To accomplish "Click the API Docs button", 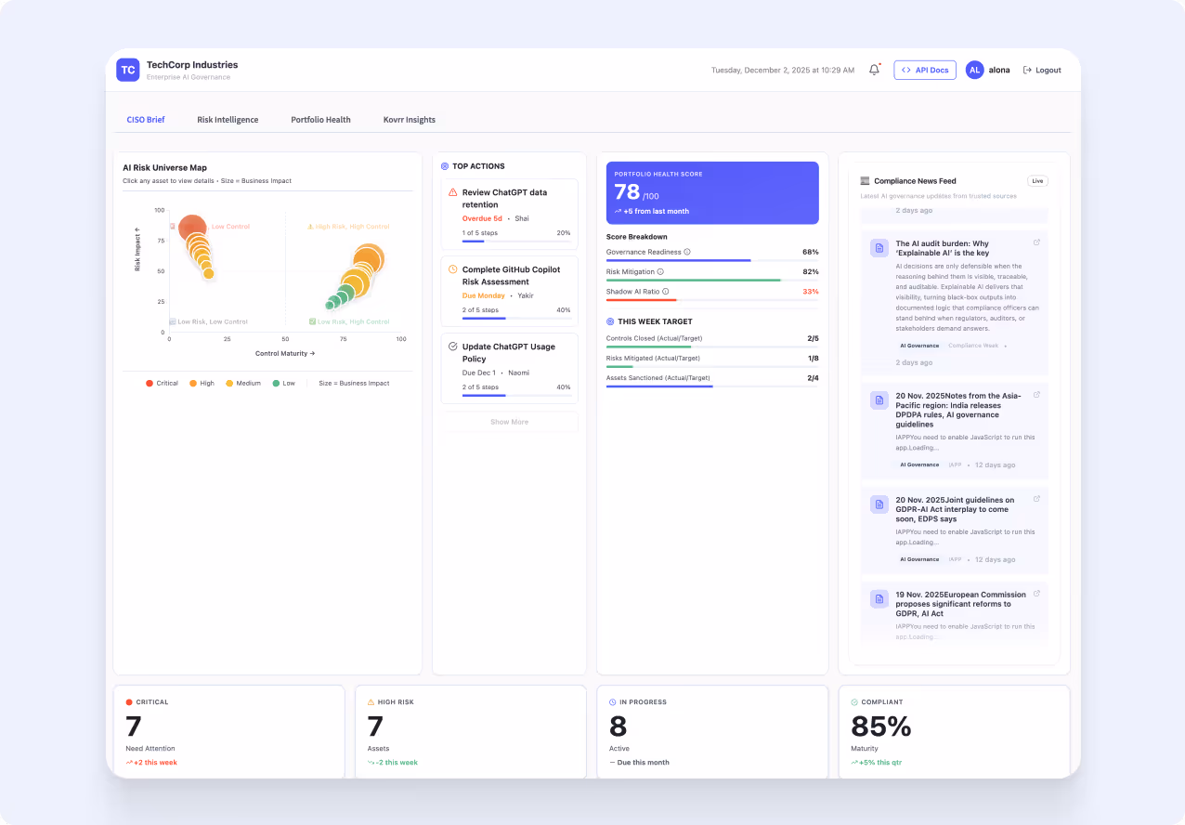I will [x=925, y=70].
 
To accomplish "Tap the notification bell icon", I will [x=874, y=70].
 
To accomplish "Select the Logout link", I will [x=1042, y=70].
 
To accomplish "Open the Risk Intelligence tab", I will [x=228, y=120].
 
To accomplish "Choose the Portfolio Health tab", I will [x=320, y=120].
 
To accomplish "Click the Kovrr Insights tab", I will [x=409, y=120].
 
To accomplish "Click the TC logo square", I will [x=128, y=70].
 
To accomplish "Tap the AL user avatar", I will [x=974, y=70].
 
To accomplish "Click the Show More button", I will [x=509, y=422].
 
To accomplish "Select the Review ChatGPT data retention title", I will [x=504, y=198].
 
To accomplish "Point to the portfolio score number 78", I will [x=627, y=192].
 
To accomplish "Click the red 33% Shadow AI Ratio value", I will [x=810, y=292].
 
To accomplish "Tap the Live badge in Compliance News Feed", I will [x=1037, y=181].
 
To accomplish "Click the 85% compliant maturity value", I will [x=880, y=727].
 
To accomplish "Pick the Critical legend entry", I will [x=162, y=383].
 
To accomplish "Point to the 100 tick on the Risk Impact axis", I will [x=160, y=210].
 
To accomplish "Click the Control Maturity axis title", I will [x=285, y=354].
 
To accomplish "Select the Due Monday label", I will [x=484, y=295].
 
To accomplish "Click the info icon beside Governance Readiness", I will [x=687, y=252].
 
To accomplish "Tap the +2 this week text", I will [x=154, y=763].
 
